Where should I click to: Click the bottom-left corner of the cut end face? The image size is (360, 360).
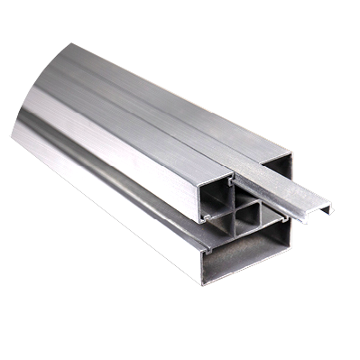(203, 282)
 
